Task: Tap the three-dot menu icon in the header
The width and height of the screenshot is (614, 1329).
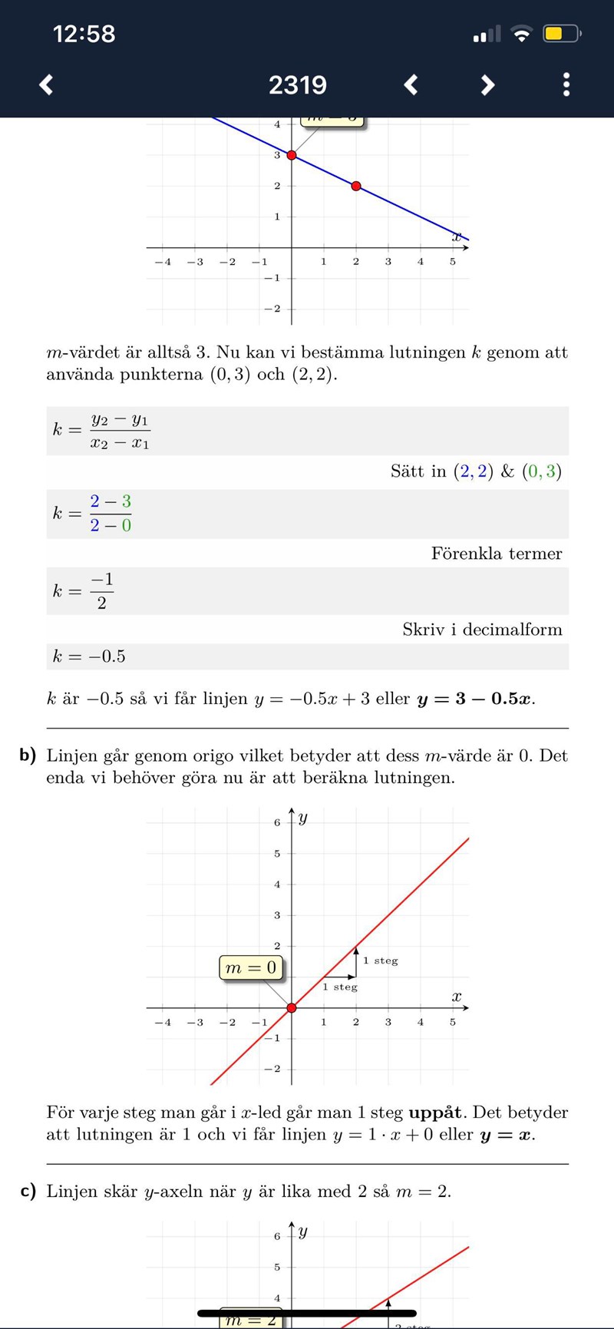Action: [x=566, y=84]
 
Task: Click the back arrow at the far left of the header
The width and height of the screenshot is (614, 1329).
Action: [x=47, y=84]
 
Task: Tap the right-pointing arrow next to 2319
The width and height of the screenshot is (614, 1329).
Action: [x=487, y=84]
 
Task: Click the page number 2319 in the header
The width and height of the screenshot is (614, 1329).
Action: [x=298, y=84]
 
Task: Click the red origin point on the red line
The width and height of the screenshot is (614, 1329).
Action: [x=292, y=1007]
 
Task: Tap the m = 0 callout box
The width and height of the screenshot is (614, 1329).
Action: [x=250, y=967]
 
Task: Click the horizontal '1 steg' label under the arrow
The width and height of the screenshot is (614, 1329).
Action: [x=340, y=987]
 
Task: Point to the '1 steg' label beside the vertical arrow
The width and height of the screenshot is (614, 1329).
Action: [x=381, y=960]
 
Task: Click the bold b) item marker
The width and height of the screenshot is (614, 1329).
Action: [x=28, y=755]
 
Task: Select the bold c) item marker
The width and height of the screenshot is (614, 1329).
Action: [x=28, y=1192]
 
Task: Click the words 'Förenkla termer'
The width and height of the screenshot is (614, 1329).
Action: [x=497, y=554]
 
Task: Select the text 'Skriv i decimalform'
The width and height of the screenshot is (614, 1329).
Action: [x=482, y=630]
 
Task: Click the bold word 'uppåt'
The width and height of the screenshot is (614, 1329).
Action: [x=435, y=1112]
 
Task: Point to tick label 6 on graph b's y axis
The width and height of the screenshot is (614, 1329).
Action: [x=277, y=822]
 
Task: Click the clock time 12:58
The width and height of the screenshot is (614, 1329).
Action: [x=84, y=34]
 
